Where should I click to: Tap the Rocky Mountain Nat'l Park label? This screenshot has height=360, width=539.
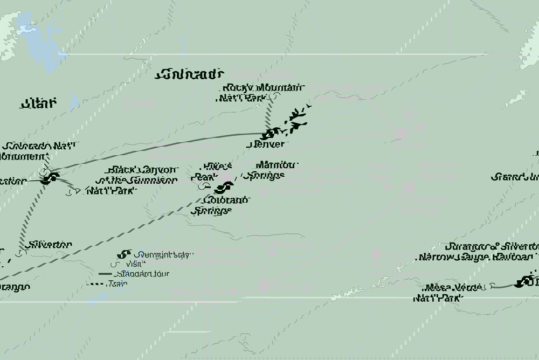point(261,93)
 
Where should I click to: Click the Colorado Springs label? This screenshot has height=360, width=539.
point(220,205)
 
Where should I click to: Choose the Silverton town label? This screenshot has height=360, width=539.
point(51,244)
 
